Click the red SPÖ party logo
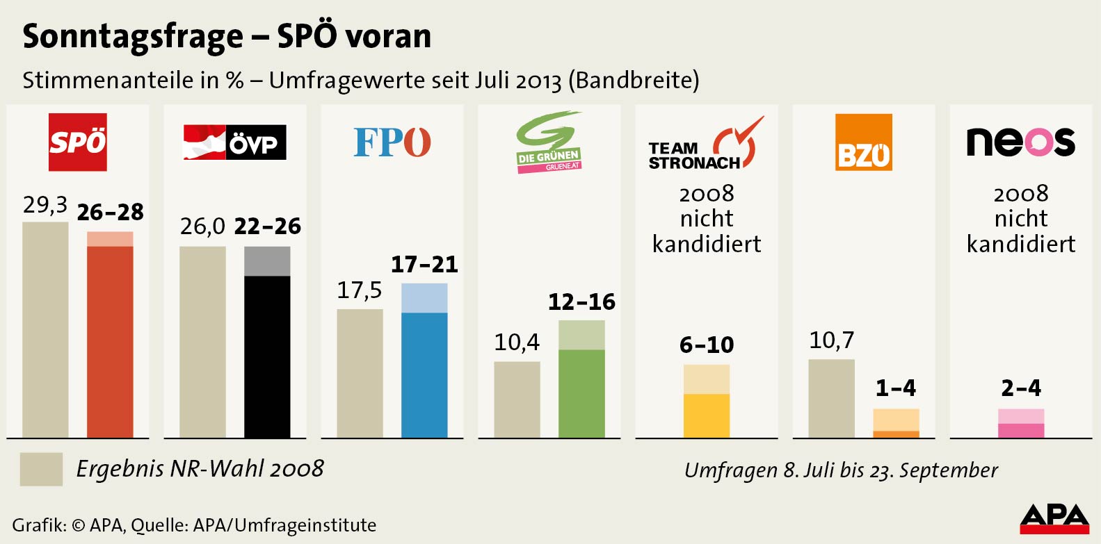tap(77, 142)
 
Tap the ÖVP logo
tap(234, 142)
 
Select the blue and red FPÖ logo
tap(392, 142)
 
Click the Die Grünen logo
tap(549, 143)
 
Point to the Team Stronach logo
tap(706, 145)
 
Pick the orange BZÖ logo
tap(863, 142)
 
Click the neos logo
tap(1020, 142)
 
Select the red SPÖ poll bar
tap(110, 340)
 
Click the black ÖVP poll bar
tap(267, 354)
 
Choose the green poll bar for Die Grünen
tap(581, 392)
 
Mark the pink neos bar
tap(1020, 429)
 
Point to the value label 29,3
tap(45, 205)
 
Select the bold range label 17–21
tap(424, 265)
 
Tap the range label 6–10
tap(706, 345)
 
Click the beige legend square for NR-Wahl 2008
tap(41, 469)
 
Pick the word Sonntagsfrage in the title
tap(133, 37)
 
